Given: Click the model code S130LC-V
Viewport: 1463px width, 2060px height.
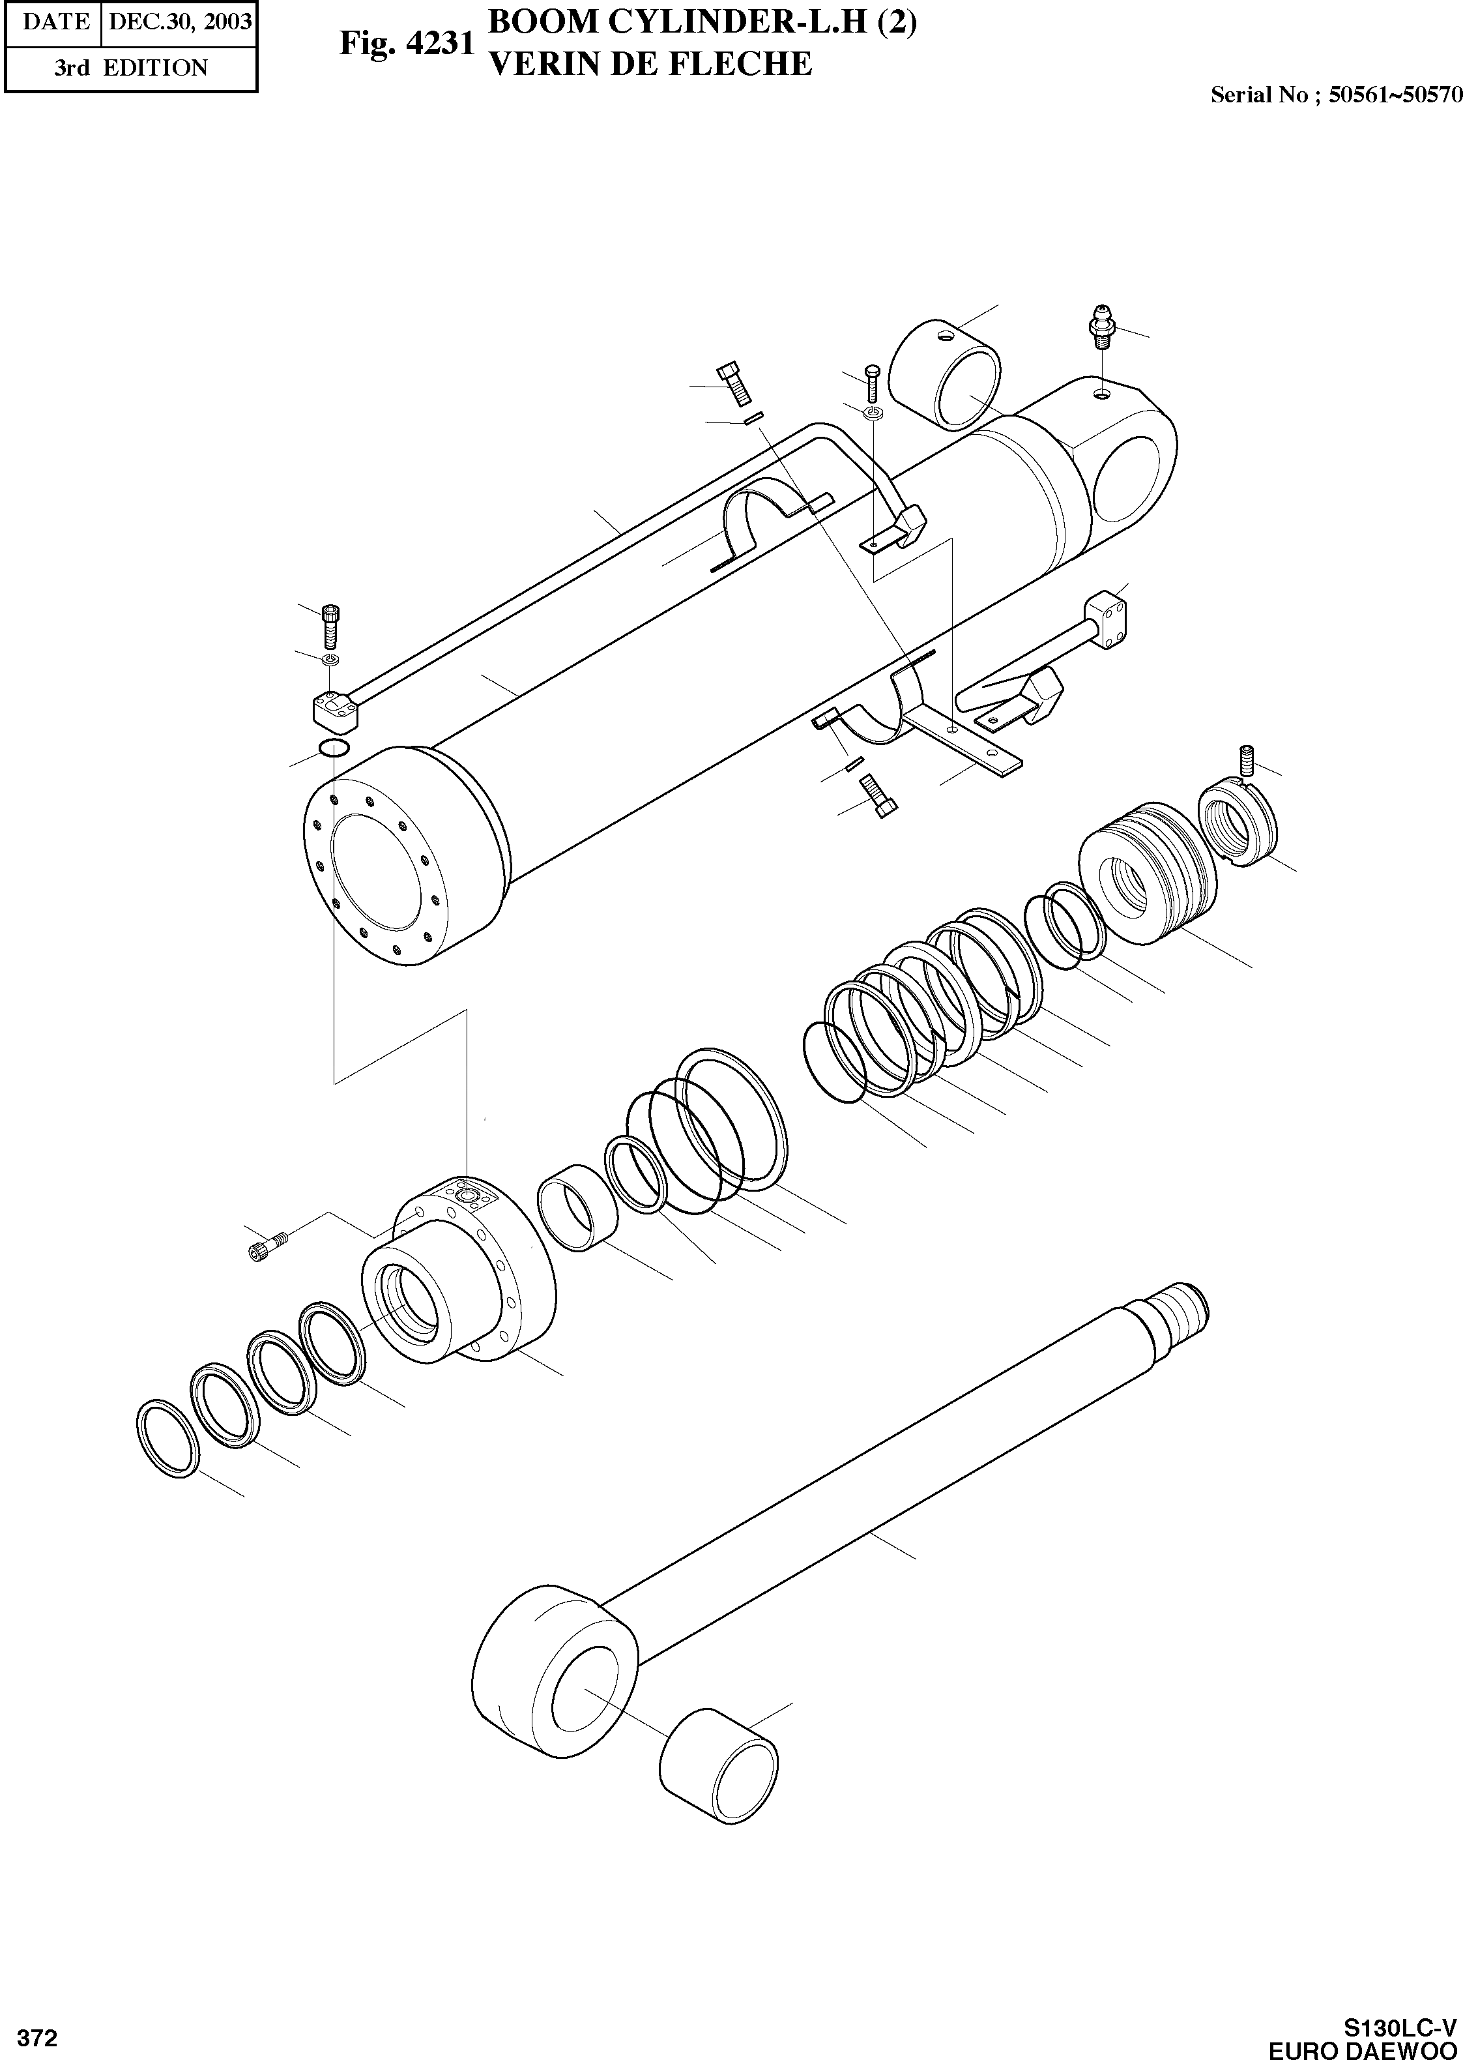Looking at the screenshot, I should click(x=1400, y=2022).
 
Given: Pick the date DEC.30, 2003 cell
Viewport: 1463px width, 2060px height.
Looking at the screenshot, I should click(x=179, y=21).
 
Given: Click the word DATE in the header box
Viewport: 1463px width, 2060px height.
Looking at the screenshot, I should click(x=54, y=21).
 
